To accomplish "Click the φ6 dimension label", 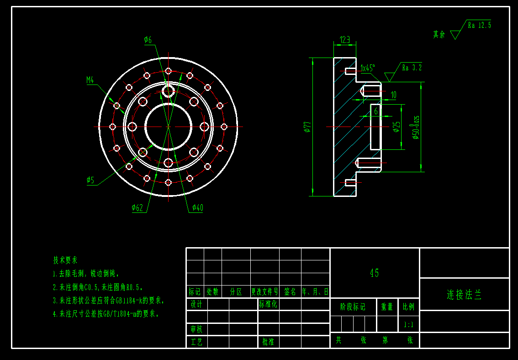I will click(x=148, y=40).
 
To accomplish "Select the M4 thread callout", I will click(x=90, y=80).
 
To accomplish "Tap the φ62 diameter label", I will click(x=137, y=208).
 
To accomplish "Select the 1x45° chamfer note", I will click(x=367, y=68).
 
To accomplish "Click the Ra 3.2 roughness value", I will click(x=412, y=68).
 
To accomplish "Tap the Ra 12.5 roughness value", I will click(x=479, y=26).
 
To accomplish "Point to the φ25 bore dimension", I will click(x=396, y=127).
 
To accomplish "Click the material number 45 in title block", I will click(x=374, y=273).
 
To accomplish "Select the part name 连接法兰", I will click(x=464, y=295).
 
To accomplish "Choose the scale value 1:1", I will click(x=408, y=325).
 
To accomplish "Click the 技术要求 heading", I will click(x=65, y=260).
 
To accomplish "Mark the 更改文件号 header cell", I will click(x=264, y=291).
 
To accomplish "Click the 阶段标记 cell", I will click(x=353, y=307).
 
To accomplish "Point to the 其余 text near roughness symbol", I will click(x=439, y=34).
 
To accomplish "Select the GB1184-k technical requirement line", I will click(x=109, y=301).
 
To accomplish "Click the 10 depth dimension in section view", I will click(x=393, y=95).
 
